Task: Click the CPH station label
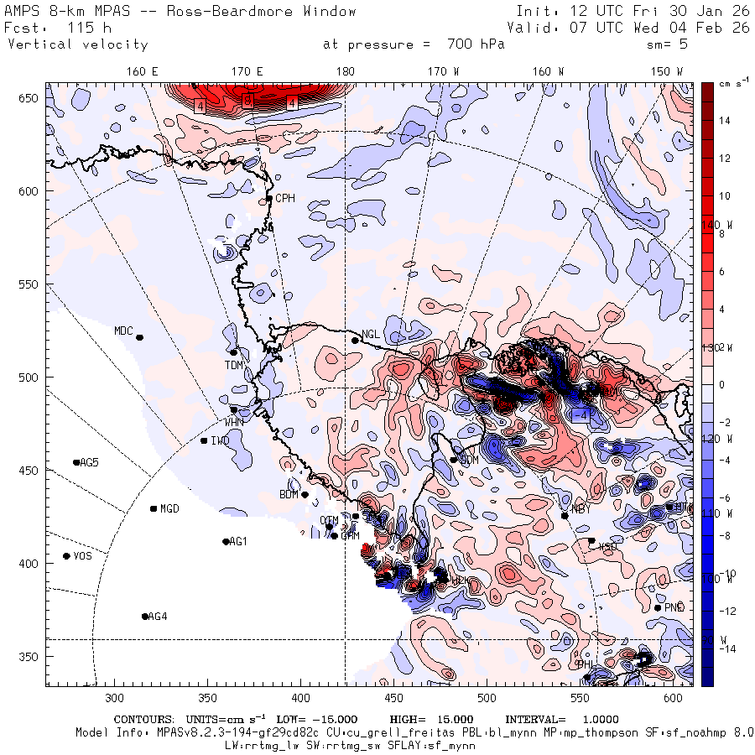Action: tap(286, 198)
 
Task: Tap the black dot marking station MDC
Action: tap(140, 337)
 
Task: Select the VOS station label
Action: tap(82, 556)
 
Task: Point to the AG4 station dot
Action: tap(145, 617)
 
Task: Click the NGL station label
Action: tap(370, 334)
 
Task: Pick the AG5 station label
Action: tap(89, 462)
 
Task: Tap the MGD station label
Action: tap(169, 508)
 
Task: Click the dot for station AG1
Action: tap(226, 542)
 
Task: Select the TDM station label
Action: tap(233, 365)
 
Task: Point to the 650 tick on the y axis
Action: tap(30, 98)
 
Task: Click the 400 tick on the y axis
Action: tap(30, 563)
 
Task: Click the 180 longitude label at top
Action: tap(345, 72)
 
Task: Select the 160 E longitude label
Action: tap(143, 72)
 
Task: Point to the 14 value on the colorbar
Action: tap(724, 121)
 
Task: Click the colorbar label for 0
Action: tap(720, 384)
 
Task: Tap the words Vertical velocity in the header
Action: tap(78, 44)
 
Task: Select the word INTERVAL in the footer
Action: tap(535, 719)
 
